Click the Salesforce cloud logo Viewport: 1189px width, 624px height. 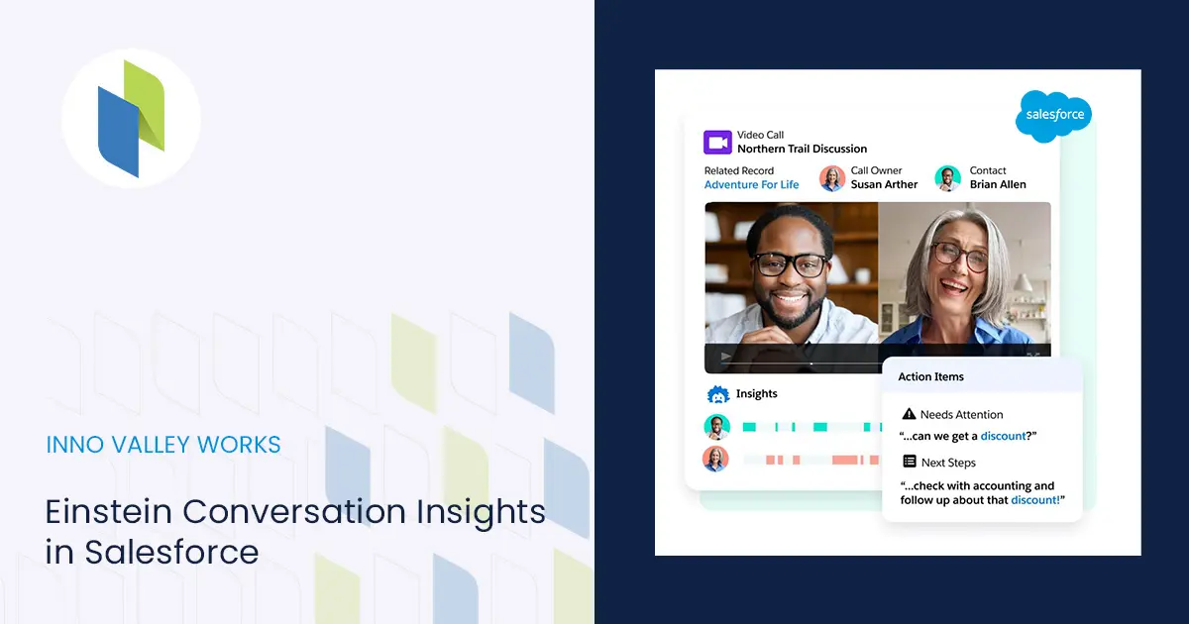[x=1053, y=116]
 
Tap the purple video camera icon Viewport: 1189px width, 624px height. [x=717, y=143]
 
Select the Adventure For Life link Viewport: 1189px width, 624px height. [x=751, y=184]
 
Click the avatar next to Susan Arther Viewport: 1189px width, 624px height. [x=831, y=178]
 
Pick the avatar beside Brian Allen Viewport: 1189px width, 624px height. [x=947, y=178]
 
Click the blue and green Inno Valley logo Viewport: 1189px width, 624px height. [x=131, y=118]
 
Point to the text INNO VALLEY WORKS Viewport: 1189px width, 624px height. [x=162, y=445]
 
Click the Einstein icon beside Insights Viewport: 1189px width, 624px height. [x=718, y=395]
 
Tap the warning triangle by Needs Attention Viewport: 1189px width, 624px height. [x=909, y=413]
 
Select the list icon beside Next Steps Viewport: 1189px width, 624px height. [x=910, y=462]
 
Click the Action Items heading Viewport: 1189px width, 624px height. [x=930, y=376]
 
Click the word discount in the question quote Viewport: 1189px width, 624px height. [x=1003, y=436]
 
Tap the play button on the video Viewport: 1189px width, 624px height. [x=725, y=357]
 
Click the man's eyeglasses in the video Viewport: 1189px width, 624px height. [x=791, y=263]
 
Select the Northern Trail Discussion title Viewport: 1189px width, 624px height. [x=802, y=149]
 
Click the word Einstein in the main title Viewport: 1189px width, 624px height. [x=108, y=511]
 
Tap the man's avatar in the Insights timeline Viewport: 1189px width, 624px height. [x=716, y=427]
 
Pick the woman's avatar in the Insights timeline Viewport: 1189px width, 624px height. [x=715, y=459]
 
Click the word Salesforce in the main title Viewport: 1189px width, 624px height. [x=171, y=552]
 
